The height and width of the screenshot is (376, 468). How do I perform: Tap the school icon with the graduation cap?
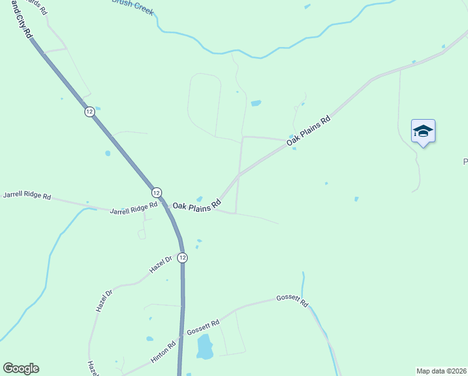click(x=423, y=131)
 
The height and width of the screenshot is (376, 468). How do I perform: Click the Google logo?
click(x=21, y=368)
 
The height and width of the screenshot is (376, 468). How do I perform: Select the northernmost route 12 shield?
click(x=90, y=112)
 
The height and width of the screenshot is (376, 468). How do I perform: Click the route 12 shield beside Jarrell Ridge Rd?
click(x=156, y=192)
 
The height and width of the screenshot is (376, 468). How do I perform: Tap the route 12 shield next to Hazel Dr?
click(x=182, y=258)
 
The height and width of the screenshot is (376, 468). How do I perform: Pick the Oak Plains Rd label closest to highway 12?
click(x=197, y=204)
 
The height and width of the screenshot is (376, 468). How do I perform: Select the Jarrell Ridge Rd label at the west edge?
click(x=27, y=196)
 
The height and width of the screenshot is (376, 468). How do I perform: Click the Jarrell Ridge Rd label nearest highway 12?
click(x=133, y=209)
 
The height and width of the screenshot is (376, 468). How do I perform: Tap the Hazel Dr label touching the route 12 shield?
click(x=161, y=264)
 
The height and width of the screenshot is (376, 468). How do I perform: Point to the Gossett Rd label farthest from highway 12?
click(x=292, y=301)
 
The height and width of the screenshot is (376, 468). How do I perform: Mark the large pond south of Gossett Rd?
click(x=205, y=347)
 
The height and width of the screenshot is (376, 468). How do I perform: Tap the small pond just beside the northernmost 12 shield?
click(x=98, y=108)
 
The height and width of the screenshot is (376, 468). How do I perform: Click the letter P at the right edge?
click(x=465, y=162)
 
